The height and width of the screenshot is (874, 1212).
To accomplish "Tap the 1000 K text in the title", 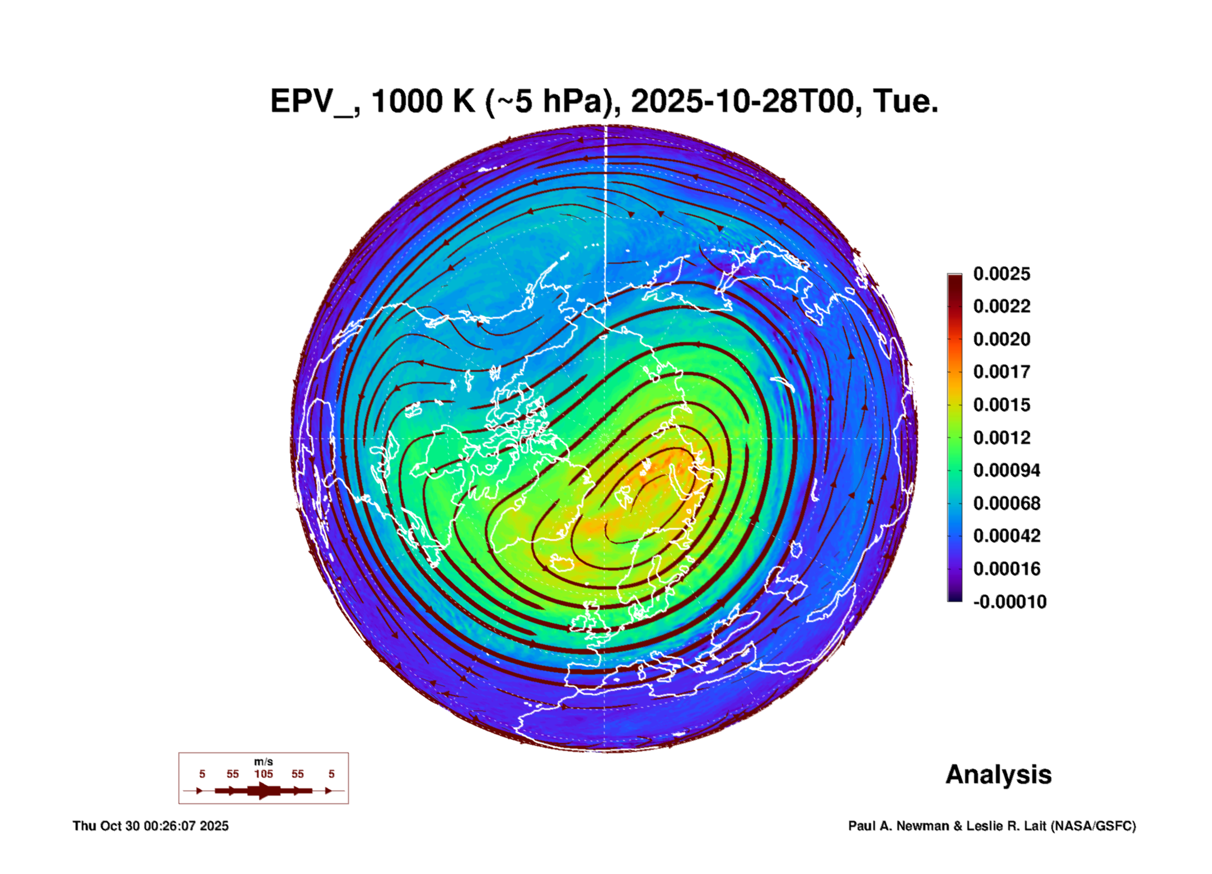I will click(423, 102).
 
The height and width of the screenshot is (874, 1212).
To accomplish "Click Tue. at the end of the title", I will click(905, 102).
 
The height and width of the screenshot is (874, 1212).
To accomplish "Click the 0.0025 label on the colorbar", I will click(1002, 274).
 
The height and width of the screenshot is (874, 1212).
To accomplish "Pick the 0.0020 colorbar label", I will click(1002, 339).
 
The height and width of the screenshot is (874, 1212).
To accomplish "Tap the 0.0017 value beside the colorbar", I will click(1002, 372).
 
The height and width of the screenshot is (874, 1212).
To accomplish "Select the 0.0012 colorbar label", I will click(1002, 437).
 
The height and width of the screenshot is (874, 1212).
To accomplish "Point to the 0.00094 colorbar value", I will click(1007, 470).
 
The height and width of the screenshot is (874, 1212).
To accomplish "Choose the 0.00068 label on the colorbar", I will click(1007, 503).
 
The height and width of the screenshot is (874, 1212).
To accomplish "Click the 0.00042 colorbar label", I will click(1007, 536).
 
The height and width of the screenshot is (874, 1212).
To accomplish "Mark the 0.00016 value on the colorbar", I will click(1007, 569).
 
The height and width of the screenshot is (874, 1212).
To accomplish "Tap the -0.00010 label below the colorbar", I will click(1009, 602).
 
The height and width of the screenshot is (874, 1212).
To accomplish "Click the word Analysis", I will click(998, 774).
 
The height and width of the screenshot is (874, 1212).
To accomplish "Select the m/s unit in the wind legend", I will click(264, 761).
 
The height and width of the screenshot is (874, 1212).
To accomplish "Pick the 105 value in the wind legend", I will click(264, 774).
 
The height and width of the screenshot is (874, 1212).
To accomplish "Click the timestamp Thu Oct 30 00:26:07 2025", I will click(151, 826).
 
